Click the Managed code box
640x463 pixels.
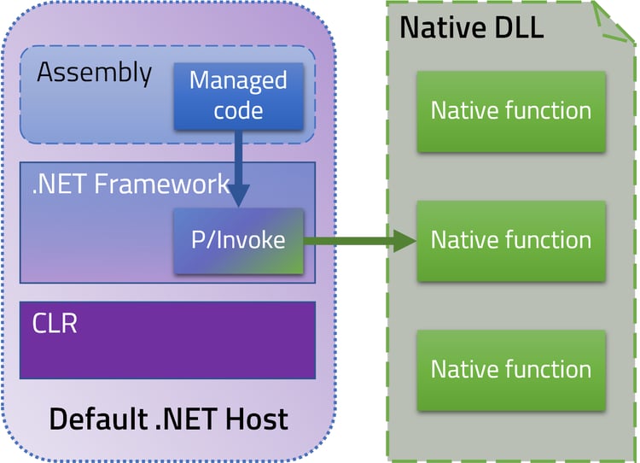238,96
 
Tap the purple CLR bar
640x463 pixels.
168,340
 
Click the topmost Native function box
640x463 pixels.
510,111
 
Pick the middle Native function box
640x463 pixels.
510,240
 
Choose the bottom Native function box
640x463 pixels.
510,369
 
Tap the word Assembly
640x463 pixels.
94,73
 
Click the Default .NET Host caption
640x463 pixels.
168,419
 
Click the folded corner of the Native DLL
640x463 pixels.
615,21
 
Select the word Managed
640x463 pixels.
238,81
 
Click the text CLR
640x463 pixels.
55,324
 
